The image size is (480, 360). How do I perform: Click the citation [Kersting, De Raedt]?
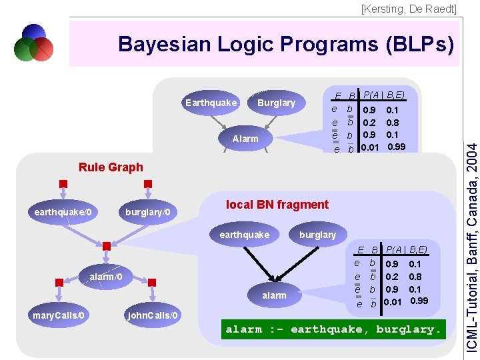(409, 9)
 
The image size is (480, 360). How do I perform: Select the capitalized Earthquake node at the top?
(211, 103)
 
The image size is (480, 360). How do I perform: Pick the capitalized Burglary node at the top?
(276, 103)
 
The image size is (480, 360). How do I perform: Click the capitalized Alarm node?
(245, 139)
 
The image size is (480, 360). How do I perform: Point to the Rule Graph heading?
(111, 167)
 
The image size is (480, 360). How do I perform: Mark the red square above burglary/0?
(148, 184)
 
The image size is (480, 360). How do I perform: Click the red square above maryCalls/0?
(59, 283)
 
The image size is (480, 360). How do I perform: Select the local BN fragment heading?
(277, 205)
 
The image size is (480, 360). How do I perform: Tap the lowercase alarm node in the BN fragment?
(274, 295)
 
